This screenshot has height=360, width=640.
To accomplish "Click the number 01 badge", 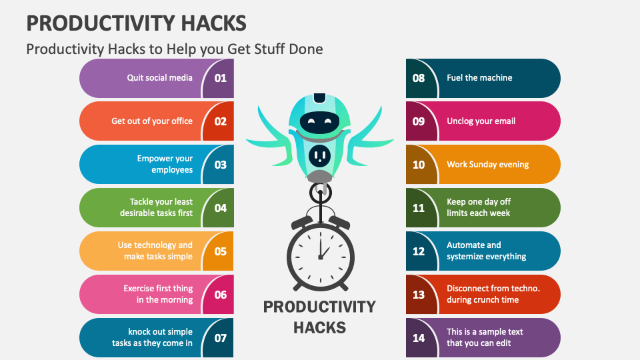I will point(220,78).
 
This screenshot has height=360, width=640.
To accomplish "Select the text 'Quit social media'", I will point(160,78).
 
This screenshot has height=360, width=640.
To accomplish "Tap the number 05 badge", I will point(220,251).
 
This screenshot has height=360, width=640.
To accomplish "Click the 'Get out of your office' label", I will point(152,121).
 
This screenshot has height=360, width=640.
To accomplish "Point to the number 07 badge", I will point(220,338).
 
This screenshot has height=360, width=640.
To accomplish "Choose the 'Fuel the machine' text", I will point(479,78).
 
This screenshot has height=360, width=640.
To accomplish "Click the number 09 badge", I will point(419,121).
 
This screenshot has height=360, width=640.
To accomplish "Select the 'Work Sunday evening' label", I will point(487,165).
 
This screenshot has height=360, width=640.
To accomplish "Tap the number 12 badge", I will point(419,251).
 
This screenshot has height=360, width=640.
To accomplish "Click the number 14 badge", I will point(419,338).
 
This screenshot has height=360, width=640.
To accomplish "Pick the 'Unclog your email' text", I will point(481,121).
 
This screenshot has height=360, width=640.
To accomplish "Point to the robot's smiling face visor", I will point(319,122).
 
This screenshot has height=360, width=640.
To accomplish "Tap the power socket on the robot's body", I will point(319,155).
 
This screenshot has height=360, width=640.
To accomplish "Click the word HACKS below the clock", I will point(320,327).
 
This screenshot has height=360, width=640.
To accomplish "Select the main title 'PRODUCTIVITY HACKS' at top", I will point(136,23).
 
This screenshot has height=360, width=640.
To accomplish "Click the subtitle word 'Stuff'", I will point(269,49).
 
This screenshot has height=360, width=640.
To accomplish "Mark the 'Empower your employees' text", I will point(165,164).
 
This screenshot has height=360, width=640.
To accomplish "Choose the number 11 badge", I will point(419,208).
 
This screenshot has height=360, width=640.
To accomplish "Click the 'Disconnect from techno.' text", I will point(493,289).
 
